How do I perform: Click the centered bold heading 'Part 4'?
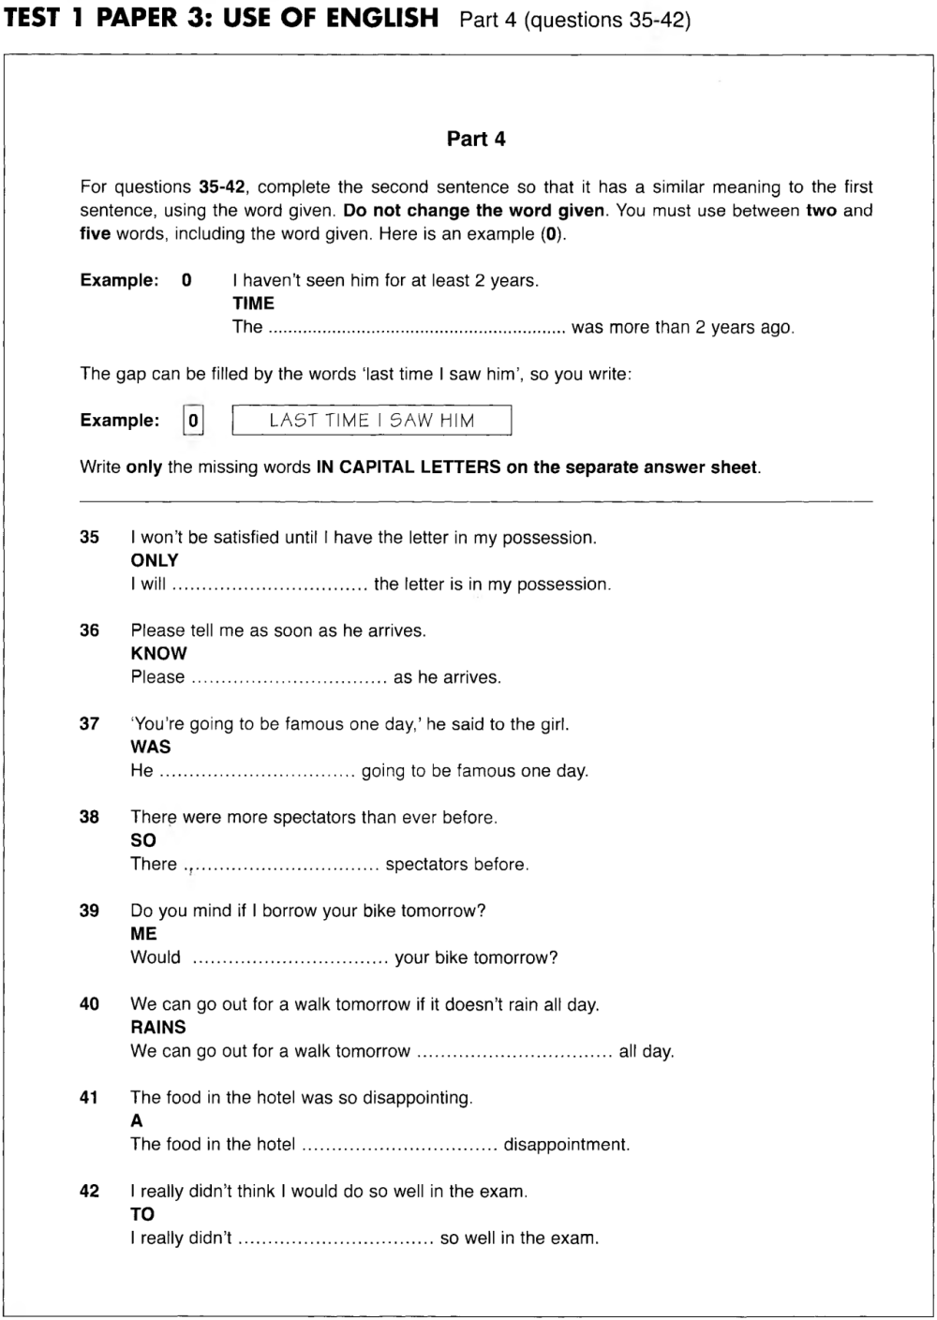click(475, 139)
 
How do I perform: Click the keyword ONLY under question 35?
click(155, 560)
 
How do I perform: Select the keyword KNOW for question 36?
click(158, 654)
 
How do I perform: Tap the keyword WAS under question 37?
click(151, 747)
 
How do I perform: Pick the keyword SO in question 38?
click(143, 840)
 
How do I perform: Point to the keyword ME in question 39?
click(144, 934)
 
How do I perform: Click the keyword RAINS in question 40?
click(158, 1028)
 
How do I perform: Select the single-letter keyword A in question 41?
click(137, 1120)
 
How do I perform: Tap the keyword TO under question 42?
click(142, 1214)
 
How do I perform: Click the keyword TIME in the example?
click(253, 304)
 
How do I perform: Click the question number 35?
click(89, 538)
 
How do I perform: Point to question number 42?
click(89, 1192)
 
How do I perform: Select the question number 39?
click(89, 911)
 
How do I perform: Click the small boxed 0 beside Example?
click(193, 421)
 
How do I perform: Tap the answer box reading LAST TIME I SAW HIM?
click(372, 421)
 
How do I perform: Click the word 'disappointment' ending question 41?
click(566, 1145)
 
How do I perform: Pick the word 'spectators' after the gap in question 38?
click(427, 865)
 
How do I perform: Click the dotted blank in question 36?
click(289, 678)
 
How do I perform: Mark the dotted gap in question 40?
click(514, 1052)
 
